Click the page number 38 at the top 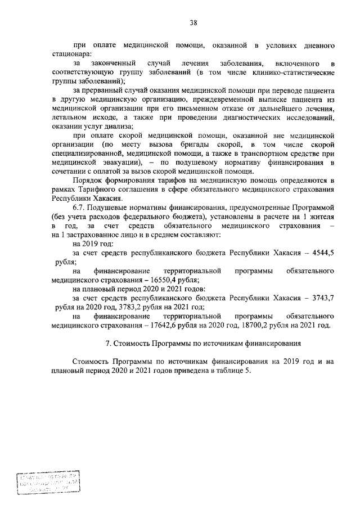193,22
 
